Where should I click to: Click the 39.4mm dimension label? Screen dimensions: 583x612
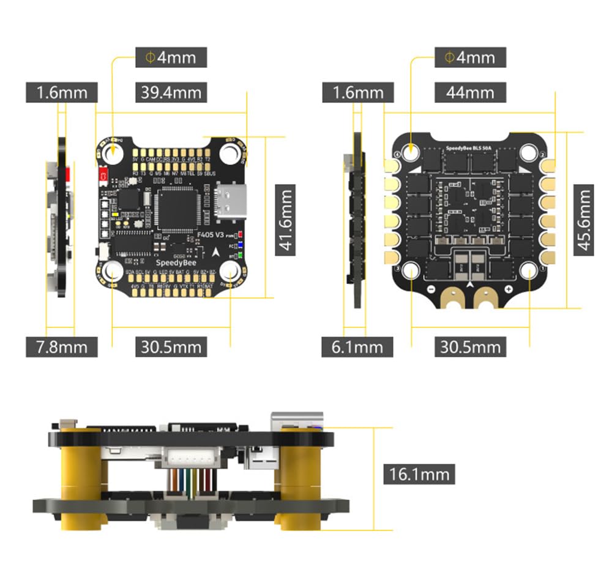tap(171, 93)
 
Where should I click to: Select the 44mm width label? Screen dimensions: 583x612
tap(470, 93)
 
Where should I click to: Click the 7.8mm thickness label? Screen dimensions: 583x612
tap(61, 347)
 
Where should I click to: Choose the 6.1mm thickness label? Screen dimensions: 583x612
tap(357, 347)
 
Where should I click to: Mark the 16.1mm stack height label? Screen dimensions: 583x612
tap(419, 473)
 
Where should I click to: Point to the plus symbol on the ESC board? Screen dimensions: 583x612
tap(508, 289)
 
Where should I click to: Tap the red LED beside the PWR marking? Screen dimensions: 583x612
tap(242, 235)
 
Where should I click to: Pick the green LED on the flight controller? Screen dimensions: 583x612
tap(242, 254)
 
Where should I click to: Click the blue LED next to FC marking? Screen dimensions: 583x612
tap(242, 245)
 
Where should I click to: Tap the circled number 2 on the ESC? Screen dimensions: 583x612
tap(542, 154)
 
